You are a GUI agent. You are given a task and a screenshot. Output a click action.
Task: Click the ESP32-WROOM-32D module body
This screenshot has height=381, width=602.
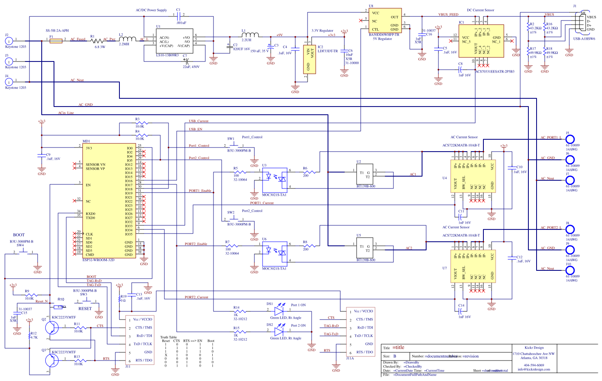[108, 201]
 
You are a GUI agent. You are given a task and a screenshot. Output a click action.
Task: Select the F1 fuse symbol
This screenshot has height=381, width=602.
[56, 41]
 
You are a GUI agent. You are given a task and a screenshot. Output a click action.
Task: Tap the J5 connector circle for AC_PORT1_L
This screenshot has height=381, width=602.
[570, 139]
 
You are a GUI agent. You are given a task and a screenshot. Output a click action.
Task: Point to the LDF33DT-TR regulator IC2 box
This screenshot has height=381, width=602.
[310, 59]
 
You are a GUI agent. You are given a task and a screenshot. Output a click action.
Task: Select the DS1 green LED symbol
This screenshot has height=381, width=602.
[279, 311]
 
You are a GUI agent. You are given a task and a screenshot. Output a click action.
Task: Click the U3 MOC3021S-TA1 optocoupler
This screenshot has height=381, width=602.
[274, 180]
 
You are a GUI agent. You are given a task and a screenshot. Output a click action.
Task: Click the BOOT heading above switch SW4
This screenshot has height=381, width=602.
[19, 235]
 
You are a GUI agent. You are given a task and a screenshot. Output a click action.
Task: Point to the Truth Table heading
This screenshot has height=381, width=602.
[168, 337]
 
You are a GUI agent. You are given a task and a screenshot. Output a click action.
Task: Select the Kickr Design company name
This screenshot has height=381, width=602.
[534, 348]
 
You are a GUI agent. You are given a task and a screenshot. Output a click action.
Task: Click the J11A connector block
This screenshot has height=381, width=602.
[360, 332]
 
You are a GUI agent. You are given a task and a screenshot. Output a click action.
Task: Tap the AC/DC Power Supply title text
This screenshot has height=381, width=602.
[151, 10]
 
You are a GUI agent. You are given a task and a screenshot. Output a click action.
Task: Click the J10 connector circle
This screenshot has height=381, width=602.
[570, 270]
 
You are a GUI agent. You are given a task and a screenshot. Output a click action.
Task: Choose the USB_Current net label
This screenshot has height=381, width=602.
[198, 121]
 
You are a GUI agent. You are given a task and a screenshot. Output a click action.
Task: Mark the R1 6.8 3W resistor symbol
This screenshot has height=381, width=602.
[97, 41]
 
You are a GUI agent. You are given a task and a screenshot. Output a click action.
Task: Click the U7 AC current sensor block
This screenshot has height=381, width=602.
[473, 268]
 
